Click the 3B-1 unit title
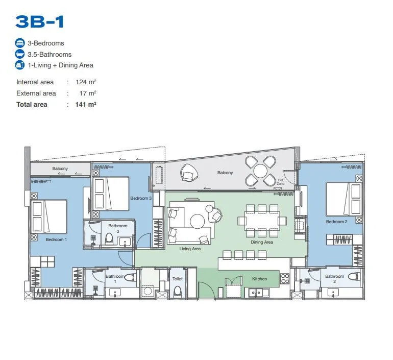point(40,21)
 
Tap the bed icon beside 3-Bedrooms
point(20,43)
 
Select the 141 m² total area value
point(86,104)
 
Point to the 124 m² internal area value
point(86,82)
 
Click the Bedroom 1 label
point(56,239)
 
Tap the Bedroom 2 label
point(337,222)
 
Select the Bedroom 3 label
point(141,198)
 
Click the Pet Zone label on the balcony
point(281,182)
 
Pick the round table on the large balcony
point(260,171)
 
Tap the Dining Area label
point(262,242)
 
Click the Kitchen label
point(259,278)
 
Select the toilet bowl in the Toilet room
point(178,291)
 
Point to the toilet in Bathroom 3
point(109,238)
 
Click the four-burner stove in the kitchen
point(285,279)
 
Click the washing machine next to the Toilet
point(148,291)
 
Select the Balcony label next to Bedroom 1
point(60,169)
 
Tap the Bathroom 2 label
point(335,278)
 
